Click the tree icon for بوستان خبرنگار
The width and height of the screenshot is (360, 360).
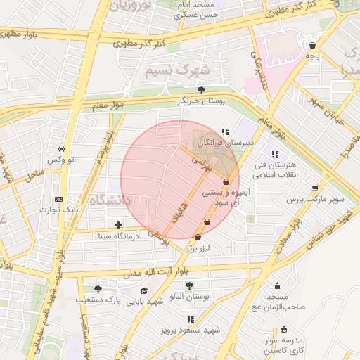[x=202, y=90]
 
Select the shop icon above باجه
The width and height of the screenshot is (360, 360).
[x=312, y=46]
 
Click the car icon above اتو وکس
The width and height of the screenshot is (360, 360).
[x=63, y=148]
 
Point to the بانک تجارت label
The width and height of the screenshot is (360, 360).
[x=58, y=210]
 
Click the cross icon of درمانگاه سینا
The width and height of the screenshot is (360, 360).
[x=118, y=226]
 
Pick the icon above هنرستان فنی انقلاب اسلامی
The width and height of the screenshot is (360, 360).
[x=275, y=153]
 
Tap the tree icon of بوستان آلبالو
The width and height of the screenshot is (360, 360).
[x=188, y=285]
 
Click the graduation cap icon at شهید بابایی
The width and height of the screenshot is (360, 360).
[x=144, y=290]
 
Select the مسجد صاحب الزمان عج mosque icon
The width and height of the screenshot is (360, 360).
[x=277, y=285]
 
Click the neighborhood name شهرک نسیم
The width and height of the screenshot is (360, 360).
[x=176, y=71]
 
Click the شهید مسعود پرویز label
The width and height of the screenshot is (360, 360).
[x=189, y=330]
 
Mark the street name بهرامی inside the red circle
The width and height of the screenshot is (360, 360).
[x=201, y=165]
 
